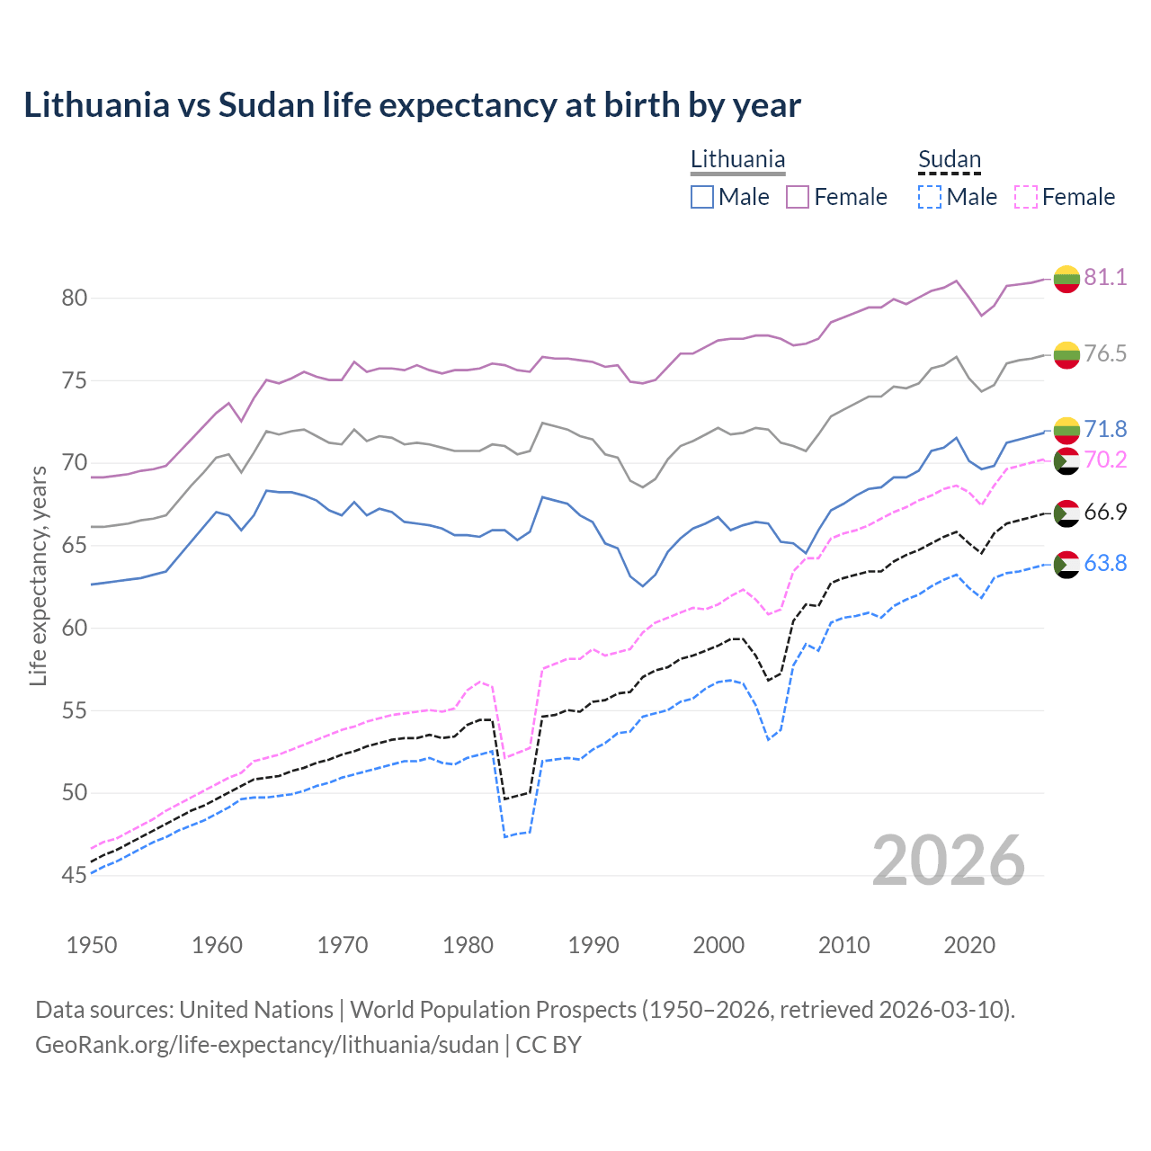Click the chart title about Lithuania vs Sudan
pyautogui.click(x=412, y=105)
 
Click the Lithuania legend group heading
pyautogui.click(x=737, y=159)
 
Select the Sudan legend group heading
pyautogui.click(x=949, y=159)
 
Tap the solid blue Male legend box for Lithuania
pyautogui.click(x=702, y=197)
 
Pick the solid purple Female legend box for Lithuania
pyautogui.click(x=798, y=197)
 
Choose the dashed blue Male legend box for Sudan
pyautogui.click(x=930, y=197)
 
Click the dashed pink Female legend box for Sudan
pyautogui.click(x=1025, y=197)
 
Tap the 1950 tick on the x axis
pyautogui.click(x=92, y=945)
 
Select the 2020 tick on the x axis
pyautogui.click(x=969, y=945)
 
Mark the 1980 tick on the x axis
pyautogui.click(x=468, y=945)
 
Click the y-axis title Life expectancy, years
pyautogui.click(x=38, y=575)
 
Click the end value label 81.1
pyautogui.click(x=1105, y=277)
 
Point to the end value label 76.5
pyautogui.click(x=1105, y=353)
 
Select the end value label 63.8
pyautogui.click(x=1105, y=563)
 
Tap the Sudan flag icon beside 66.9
pyautogui.click(x=1066, y=513)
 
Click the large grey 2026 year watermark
pyautogui.click(x=948, y=861)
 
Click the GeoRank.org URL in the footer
pyautogui.click(x=266, y=1045)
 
